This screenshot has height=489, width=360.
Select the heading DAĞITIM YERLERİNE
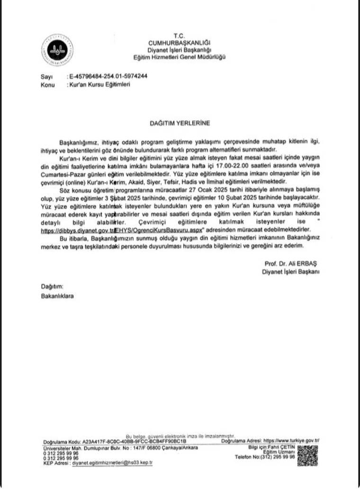pos(180,123)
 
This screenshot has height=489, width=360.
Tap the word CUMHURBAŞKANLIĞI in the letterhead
pos(179,43)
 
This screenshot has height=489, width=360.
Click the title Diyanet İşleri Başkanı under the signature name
pos(291,272)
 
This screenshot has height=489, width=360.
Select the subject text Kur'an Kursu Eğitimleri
pos(99,84)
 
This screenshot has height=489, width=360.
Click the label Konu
pos(47,85)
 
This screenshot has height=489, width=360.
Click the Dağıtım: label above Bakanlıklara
pos(52,286)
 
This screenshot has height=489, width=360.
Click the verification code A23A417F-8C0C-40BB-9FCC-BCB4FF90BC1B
pos(134,441)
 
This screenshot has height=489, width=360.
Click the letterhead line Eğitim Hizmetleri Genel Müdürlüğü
pos(179,57)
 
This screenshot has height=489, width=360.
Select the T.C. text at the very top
pos(179,36)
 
